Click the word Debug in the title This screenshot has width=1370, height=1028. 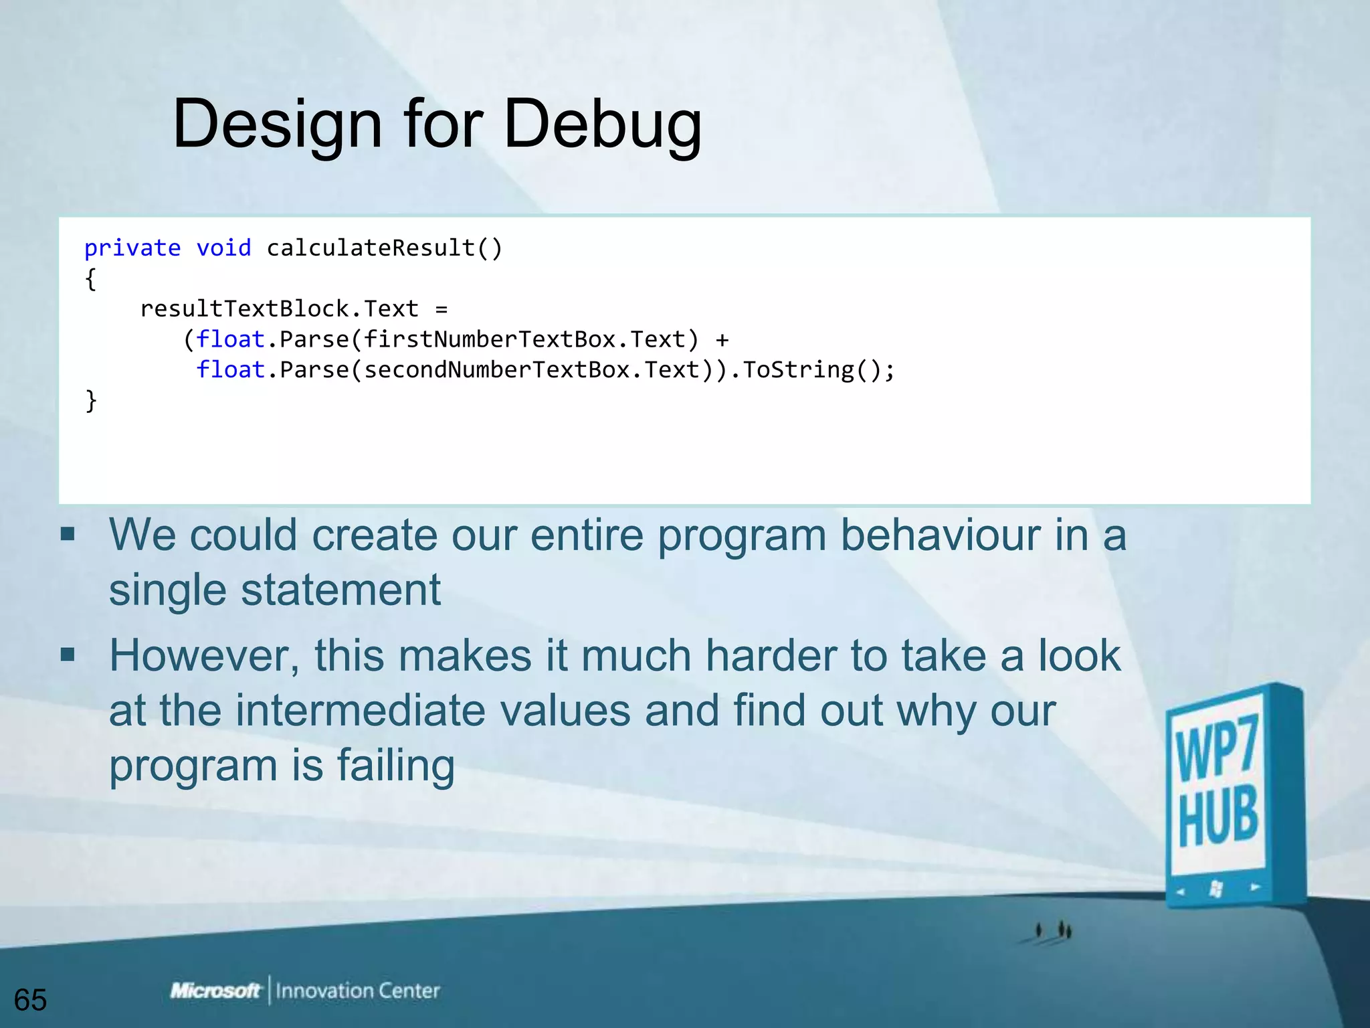(x=602, y=124)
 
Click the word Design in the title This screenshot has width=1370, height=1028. (x=278, y=124)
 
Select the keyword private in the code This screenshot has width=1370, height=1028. (x=132, y=248)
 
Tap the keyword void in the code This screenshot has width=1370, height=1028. (x=223, y=248)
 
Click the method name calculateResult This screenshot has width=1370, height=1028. (x=371, y=248)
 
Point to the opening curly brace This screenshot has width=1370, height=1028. (x=91, y=279)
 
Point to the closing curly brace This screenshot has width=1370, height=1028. (x=91, y=401)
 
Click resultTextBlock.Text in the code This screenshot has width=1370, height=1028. (x=279, y=309)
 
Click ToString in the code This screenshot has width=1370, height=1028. (x=798, y=370)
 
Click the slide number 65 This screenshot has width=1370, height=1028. (x=30, y=1000)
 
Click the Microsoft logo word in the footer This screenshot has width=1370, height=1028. (x=215, y=991)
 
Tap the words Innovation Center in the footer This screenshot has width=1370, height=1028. (x=357, y=991)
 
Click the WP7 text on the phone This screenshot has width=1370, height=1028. (x=1216, y=748)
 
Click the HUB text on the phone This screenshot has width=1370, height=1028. (x=1217, y=818)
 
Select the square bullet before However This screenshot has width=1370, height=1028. (x=68, y=654)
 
